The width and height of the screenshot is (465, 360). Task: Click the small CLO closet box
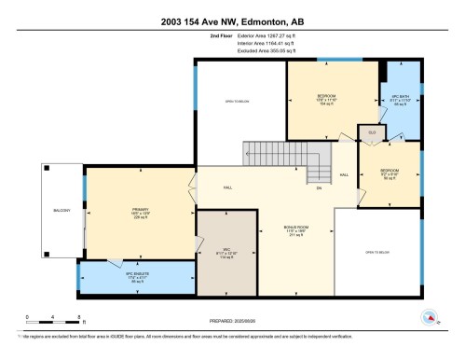click(x=370, y=133)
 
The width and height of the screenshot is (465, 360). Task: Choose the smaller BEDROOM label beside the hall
click(x=389, y=173)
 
